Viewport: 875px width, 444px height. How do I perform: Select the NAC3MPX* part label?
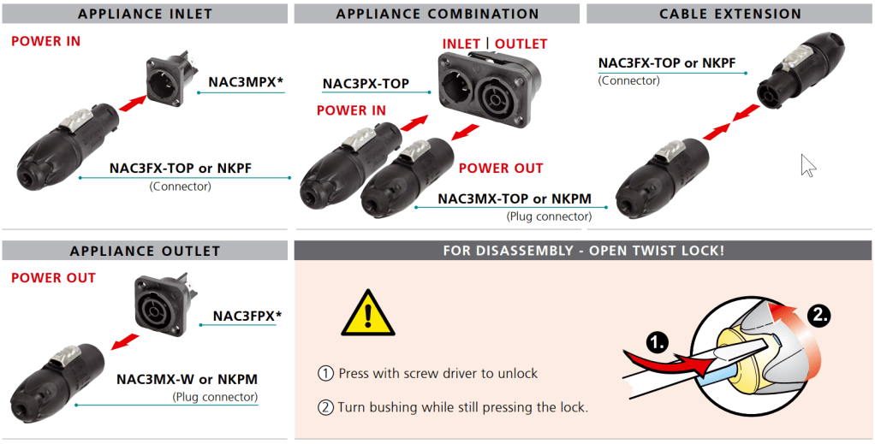coord(245,82)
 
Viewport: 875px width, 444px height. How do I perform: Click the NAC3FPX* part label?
coord(247,316)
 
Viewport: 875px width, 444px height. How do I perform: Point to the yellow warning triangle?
coord(367,313)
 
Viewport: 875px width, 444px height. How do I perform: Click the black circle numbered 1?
coord(657,343)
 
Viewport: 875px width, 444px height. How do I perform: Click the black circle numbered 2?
coord(818,314)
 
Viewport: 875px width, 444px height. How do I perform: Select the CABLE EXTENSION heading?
coord(729,14)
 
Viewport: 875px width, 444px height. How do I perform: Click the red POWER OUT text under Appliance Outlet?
coord(53,278)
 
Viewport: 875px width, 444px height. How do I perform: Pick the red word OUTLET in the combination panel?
coord(521,44)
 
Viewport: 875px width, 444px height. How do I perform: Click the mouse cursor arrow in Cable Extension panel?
coord(807,165)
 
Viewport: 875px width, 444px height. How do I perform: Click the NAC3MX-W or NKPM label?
coord(187,379)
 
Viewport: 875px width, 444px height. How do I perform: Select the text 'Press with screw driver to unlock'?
coord(437,373)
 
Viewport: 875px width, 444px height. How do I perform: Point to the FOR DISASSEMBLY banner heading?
coord(583,251)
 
